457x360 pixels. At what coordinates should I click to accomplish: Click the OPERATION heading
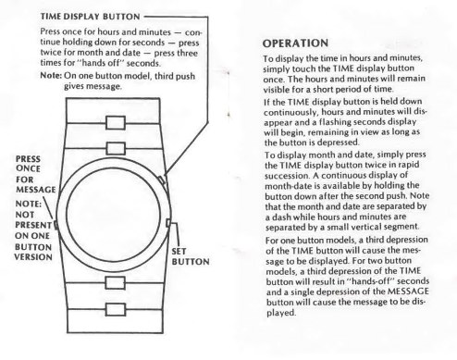click(295, 43)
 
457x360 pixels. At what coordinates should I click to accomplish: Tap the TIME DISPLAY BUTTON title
click(91, 17)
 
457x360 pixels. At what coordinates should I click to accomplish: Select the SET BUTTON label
click(191, 256)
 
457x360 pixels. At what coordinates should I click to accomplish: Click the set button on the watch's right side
click(168, 223)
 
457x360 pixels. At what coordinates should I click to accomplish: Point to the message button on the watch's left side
click(56, 225)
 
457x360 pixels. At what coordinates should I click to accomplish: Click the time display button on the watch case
click(162, 180)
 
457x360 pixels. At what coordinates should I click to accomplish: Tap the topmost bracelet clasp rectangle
click(116, 123)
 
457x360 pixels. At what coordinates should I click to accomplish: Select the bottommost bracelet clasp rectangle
click(116, 309)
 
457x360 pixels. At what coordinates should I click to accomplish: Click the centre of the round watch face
click(113, 215)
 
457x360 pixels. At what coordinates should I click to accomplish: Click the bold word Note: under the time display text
click(51, 76)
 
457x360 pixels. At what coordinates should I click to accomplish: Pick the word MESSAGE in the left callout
click(36, 190)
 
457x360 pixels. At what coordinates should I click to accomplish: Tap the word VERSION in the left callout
click(33, 257)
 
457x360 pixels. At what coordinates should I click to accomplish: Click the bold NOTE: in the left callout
click(28, 205)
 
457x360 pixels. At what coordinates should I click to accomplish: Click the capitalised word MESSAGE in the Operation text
click(408, 292)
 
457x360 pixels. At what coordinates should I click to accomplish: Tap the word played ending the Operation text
click(281, 313)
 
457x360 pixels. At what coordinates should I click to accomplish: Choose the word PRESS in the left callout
click(28, 159)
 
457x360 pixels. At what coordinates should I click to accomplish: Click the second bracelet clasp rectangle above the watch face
click(116, 148)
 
